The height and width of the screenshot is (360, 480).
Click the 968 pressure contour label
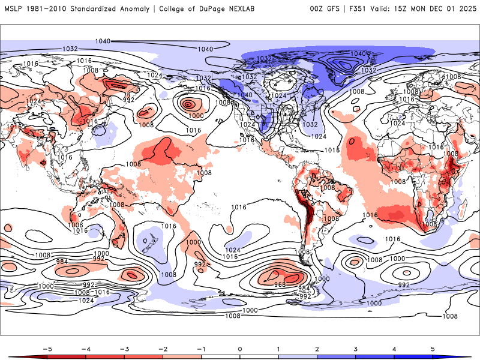(280, 284)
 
